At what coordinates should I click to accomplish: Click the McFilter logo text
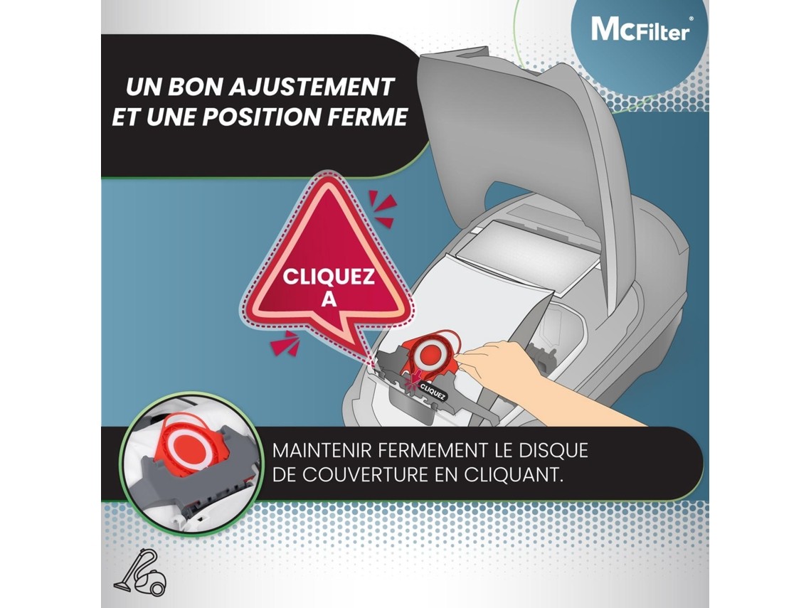(x=640, y=29)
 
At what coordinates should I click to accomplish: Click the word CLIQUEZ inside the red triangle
(x=329, y=277)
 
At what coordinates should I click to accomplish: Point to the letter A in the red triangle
(x=329, y=299)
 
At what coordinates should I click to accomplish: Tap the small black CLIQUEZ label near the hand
(x=432, y=392)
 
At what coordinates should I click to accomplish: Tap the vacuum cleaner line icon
(x=140, y=573)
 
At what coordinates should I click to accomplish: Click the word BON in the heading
(x=198, y=87)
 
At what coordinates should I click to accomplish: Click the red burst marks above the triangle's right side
(x=383, y=208)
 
